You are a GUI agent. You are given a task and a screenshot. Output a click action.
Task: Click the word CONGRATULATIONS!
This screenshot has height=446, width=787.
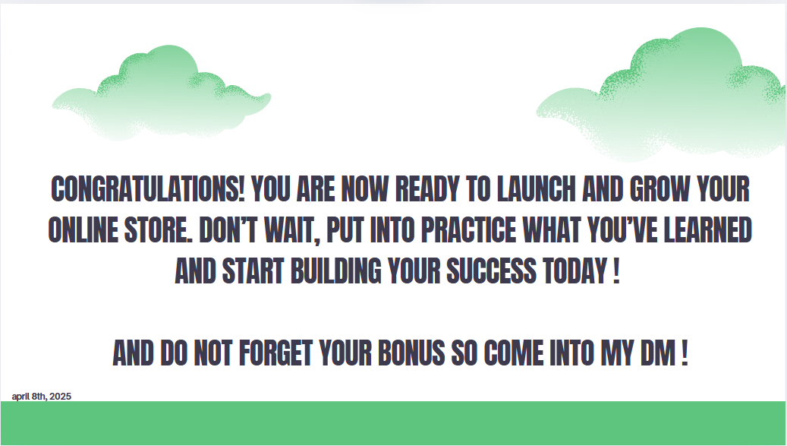click(147, 189)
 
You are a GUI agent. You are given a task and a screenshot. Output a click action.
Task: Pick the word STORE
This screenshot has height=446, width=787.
click(158, 230)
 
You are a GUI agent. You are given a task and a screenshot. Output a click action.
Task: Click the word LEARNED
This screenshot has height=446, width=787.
click(708, 230)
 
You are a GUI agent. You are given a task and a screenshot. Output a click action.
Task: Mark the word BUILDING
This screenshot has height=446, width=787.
click(335, 271)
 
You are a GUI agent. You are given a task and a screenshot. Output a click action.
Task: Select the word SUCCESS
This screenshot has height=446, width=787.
click(491, 271)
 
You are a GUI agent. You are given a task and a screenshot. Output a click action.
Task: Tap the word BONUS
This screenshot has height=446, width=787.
click(411, 353)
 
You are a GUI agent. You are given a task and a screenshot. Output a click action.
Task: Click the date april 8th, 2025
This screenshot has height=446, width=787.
click(42, 397)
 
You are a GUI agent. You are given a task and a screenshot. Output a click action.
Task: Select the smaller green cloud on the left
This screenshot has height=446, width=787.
click(162, 93)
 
